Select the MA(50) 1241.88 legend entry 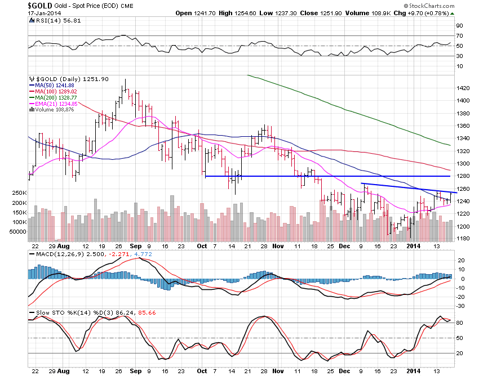click(x=51, y=85)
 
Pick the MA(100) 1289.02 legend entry click(x=53, y=91)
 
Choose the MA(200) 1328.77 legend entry click(x=53, y=97)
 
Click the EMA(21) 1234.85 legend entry click(x=53, y=104)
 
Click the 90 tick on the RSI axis click(x=459, y=25)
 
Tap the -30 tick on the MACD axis click(x=460, y=306)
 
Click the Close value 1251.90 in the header click(x=330, y=13)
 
